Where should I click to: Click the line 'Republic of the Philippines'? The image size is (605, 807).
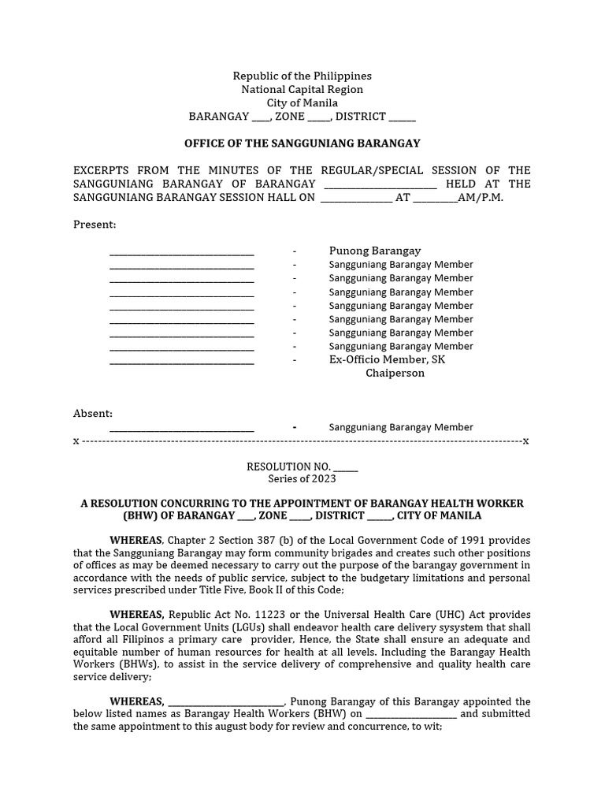[302, 76]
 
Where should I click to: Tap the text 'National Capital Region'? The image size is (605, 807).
[302, 89]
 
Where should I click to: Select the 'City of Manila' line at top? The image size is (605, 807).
[302, 102]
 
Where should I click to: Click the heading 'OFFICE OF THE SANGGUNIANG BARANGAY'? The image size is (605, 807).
[302, 143]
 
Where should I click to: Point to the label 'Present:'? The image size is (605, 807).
[95, 225]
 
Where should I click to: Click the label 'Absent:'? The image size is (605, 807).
[93, 413]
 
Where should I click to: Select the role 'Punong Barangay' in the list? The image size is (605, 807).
[374, 251]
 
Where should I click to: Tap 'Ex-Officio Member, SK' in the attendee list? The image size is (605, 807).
[387, 359]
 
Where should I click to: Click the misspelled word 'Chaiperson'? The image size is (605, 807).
[395, 373]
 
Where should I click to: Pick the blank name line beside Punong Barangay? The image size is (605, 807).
[182, 251]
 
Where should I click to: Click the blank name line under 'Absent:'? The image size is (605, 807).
[182, 428]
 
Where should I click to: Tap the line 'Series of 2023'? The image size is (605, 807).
[302, 478]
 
